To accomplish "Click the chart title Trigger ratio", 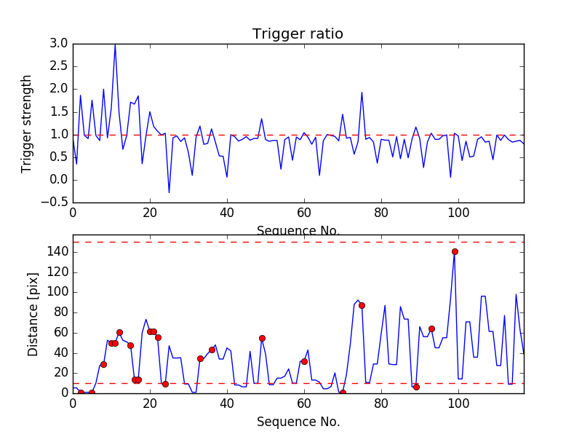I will click(298, 34).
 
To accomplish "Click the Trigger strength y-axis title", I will click(27, 123).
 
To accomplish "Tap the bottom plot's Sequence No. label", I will click(298, 422).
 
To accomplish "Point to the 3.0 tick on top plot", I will click(60, 44).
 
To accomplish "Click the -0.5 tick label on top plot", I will click(57, 202).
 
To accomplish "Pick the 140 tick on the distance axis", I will click(58, 252).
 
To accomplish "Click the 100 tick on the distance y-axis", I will click(58, 292).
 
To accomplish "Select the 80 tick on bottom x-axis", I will click(381, 403).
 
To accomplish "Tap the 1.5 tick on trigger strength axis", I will click(60, 111).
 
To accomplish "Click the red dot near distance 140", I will click(455, 251).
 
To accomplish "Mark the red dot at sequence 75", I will click(362, 305).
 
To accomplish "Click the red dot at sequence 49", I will click(262, 338).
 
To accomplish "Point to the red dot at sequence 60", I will click(304, 361).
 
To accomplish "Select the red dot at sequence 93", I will click(431, 328).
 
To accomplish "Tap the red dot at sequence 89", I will click(416, 387).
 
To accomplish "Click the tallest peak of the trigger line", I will click(115, 44).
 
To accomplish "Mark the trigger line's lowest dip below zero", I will click(170, 192).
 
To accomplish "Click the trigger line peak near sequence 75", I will click(362, 92).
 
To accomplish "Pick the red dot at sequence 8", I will click(103, 364).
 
